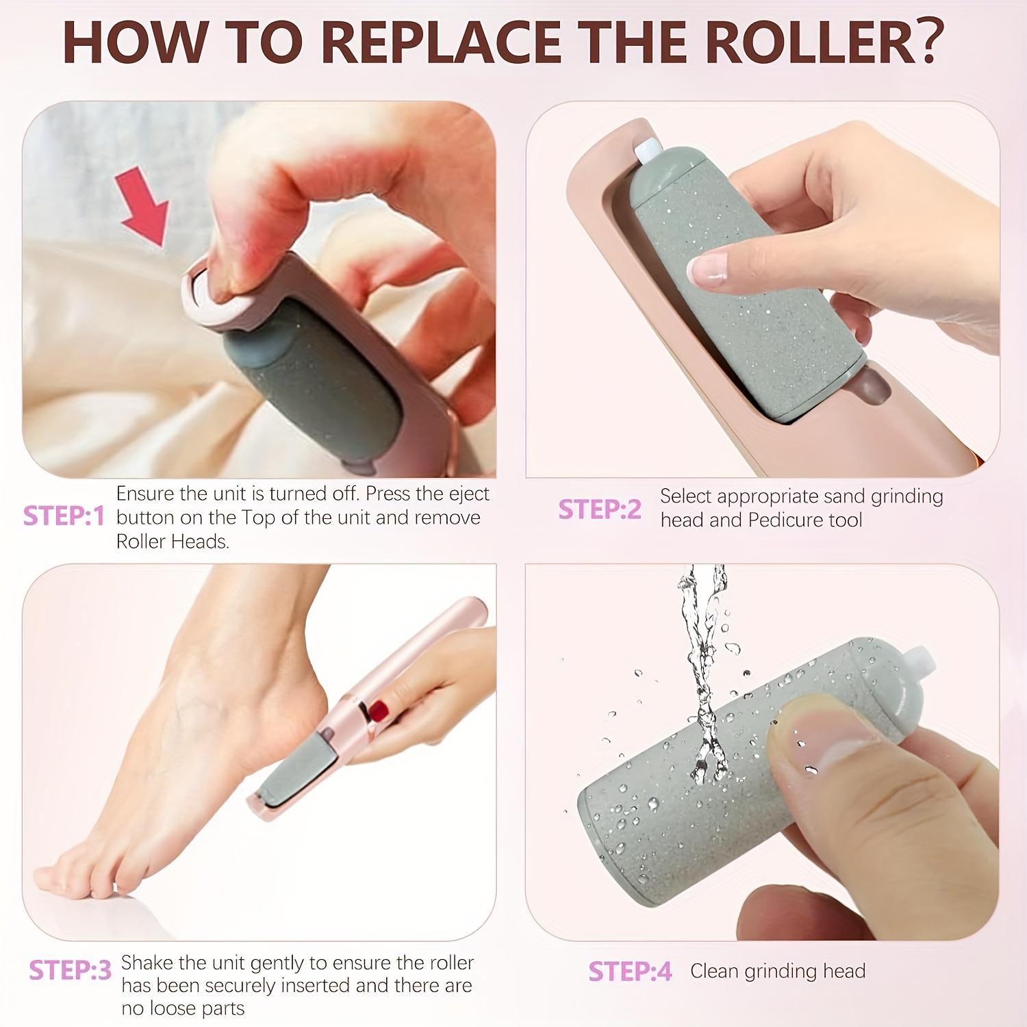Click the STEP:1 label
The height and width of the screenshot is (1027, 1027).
(x=64, y=516)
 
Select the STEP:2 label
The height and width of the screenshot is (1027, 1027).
(x=600, y=509)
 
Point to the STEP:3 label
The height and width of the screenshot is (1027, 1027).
(x=70, y=970)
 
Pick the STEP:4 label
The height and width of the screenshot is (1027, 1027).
(x=630, y=972)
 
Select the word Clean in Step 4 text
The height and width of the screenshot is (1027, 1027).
(x=715, y=971)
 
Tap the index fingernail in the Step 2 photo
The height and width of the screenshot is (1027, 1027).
(x=707, y=269)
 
